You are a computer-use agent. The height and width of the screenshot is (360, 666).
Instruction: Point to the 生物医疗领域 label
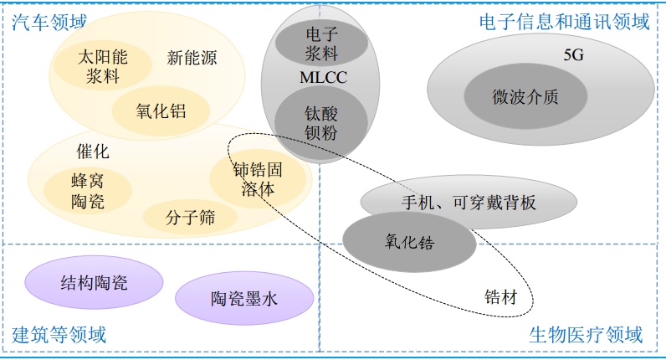point(586,336)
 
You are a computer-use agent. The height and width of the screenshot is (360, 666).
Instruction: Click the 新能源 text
point(192,58)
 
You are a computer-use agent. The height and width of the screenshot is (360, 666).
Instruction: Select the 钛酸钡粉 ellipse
point(310,120)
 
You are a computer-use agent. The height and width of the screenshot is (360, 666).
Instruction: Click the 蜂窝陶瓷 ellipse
point(88,191)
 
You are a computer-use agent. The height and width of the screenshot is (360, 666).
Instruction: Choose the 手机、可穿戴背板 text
point(469,202)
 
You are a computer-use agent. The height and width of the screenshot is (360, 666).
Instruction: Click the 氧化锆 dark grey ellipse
point(410,240)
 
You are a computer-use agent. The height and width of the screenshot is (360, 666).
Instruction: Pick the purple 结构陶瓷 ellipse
point(95,282)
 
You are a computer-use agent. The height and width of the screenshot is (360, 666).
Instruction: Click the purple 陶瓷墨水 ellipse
point(243,298)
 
